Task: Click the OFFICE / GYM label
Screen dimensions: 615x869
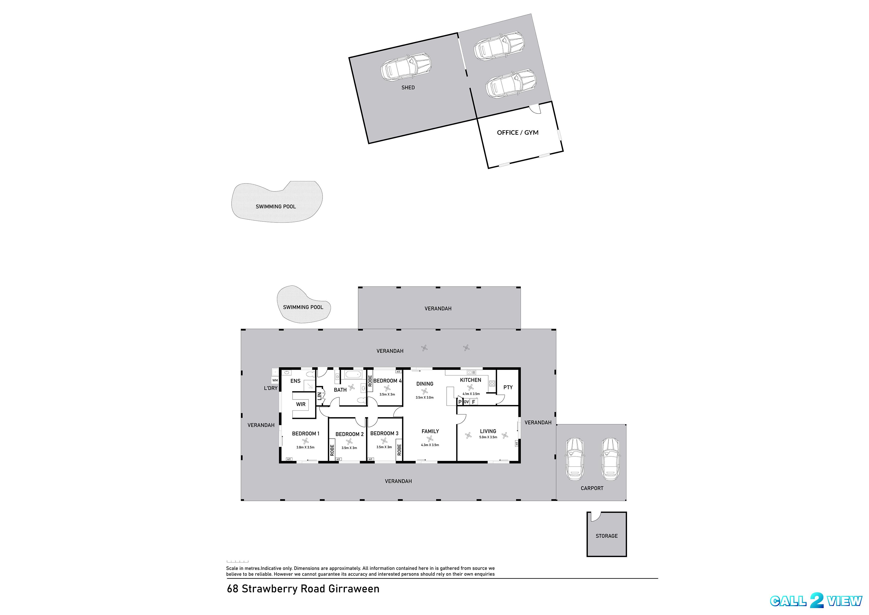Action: point(517,133)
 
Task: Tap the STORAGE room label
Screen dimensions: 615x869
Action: point(606,536)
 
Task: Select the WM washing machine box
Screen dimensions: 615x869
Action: point(275,380)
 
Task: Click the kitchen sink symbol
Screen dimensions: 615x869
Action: point(471,372)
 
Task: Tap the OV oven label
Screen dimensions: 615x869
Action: point(466,402)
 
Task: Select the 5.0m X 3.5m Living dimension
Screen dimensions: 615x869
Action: point(488,437)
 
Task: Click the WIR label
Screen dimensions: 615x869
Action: point(301,404)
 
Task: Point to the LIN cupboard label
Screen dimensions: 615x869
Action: point(319,396)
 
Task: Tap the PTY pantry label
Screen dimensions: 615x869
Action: point(508,387)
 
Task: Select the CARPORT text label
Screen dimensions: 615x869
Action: point(592,488)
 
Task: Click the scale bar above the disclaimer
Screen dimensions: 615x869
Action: point(237,561)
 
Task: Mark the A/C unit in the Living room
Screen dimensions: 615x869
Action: point(516,443)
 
